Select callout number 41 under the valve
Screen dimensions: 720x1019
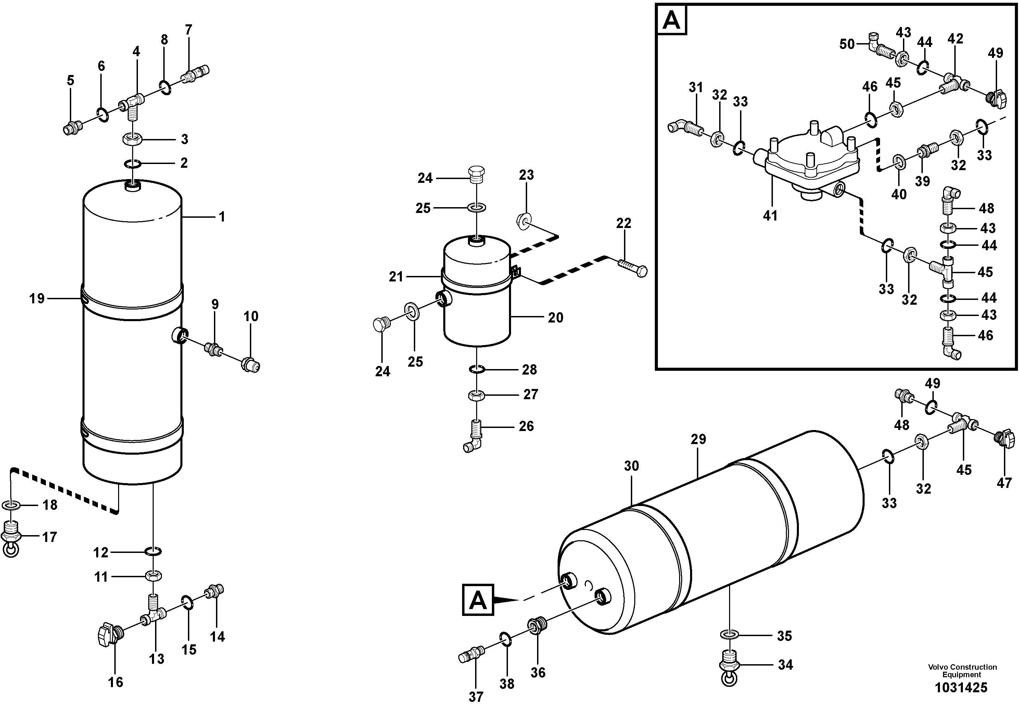coord(770,216)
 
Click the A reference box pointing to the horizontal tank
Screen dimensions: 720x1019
coord(478,600)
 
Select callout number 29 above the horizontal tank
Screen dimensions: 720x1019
coord(698,440)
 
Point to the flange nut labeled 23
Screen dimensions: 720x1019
coord(524,220)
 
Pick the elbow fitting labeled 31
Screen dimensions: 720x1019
coord(681,127)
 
